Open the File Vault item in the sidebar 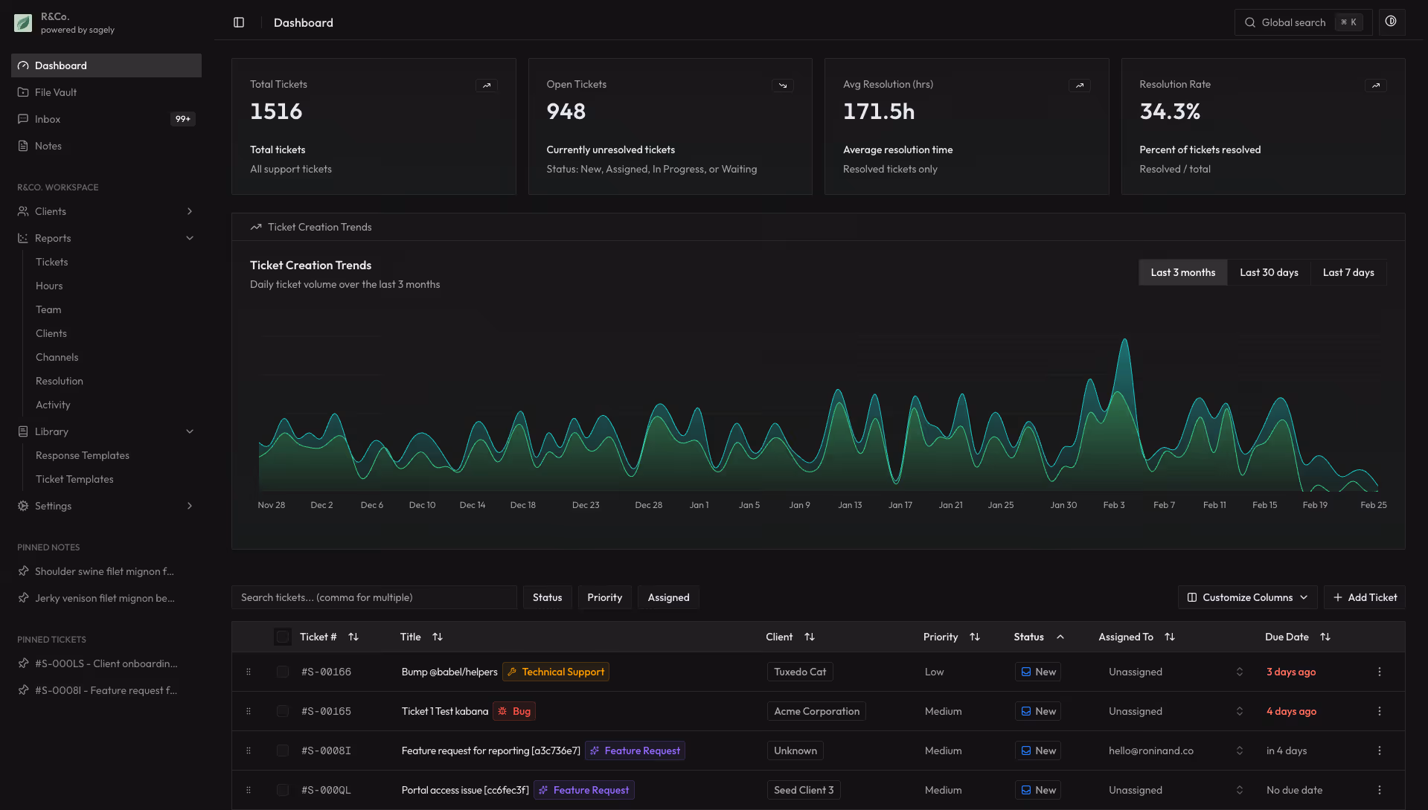(56, 92)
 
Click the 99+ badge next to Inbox (182, 119)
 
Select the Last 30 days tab (1269, 272)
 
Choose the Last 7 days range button (1348, 272)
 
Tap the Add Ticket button (1365, 597)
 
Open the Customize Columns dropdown (1247, 597)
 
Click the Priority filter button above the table (604, 597)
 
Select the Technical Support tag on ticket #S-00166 (556, 672)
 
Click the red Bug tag (515, 711)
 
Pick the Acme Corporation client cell (816, 711)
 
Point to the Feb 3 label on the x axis (1113, 505)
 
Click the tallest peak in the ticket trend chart (1124, 341)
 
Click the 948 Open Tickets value (566, 112)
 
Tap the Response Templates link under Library (83, 455)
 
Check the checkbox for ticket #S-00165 (283, 711)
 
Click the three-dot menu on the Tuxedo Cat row (1379, 672)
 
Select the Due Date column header (1287, 637)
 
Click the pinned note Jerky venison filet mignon (104, 598)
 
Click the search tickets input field (374, 597)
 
